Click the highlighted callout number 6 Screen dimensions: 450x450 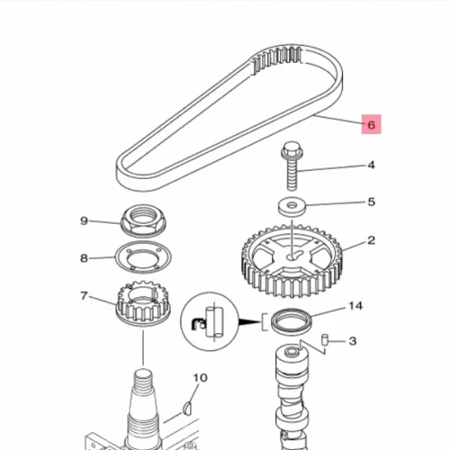(x=371, y=124)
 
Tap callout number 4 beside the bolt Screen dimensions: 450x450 (x=371, y=165)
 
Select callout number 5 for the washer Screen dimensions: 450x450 (x=372, y=202)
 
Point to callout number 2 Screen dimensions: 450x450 (x=372, y=240)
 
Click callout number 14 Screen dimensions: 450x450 (x=355, y=306)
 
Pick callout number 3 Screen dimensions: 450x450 (x=353, y=341)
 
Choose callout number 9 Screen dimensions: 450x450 (x=84, y=221)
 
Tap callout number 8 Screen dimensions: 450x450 (x=84, y=258)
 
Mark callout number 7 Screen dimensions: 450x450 (x=84, y=296)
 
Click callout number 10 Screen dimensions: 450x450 (x=200, y=378)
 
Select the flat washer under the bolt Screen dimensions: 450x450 (x=292, y=207)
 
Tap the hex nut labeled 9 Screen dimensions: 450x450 (x=143, y=221)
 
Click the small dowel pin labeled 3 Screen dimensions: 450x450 (x=324, y=340)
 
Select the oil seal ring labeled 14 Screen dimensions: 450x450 (x=292, y=321)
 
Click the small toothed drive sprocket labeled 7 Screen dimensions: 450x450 (x=143, y=303)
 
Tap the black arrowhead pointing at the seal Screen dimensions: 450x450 (x=249, y=322)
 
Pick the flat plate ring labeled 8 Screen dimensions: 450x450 (x=143, y=257)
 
